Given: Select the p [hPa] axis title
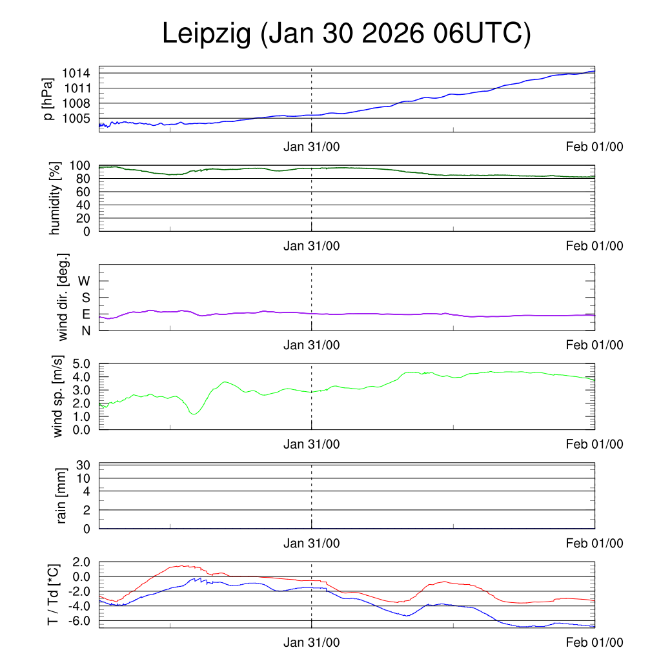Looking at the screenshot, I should (47, 99).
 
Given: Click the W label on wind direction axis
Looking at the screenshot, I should (85, 281).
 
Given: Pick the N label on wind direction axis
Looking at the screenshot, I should (86, 330).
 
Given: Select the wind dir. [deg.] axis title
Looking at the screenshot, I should (63, 297).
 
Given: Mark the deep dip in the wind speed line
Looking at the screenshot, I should (194, 412).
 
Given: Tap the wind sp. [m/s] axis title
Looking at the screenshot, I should (59, 396).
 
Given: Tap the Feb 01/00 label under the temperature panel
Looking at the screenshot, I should (595, 643).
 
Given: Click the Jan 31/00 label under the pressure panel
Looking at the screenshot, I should (312, 147).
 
